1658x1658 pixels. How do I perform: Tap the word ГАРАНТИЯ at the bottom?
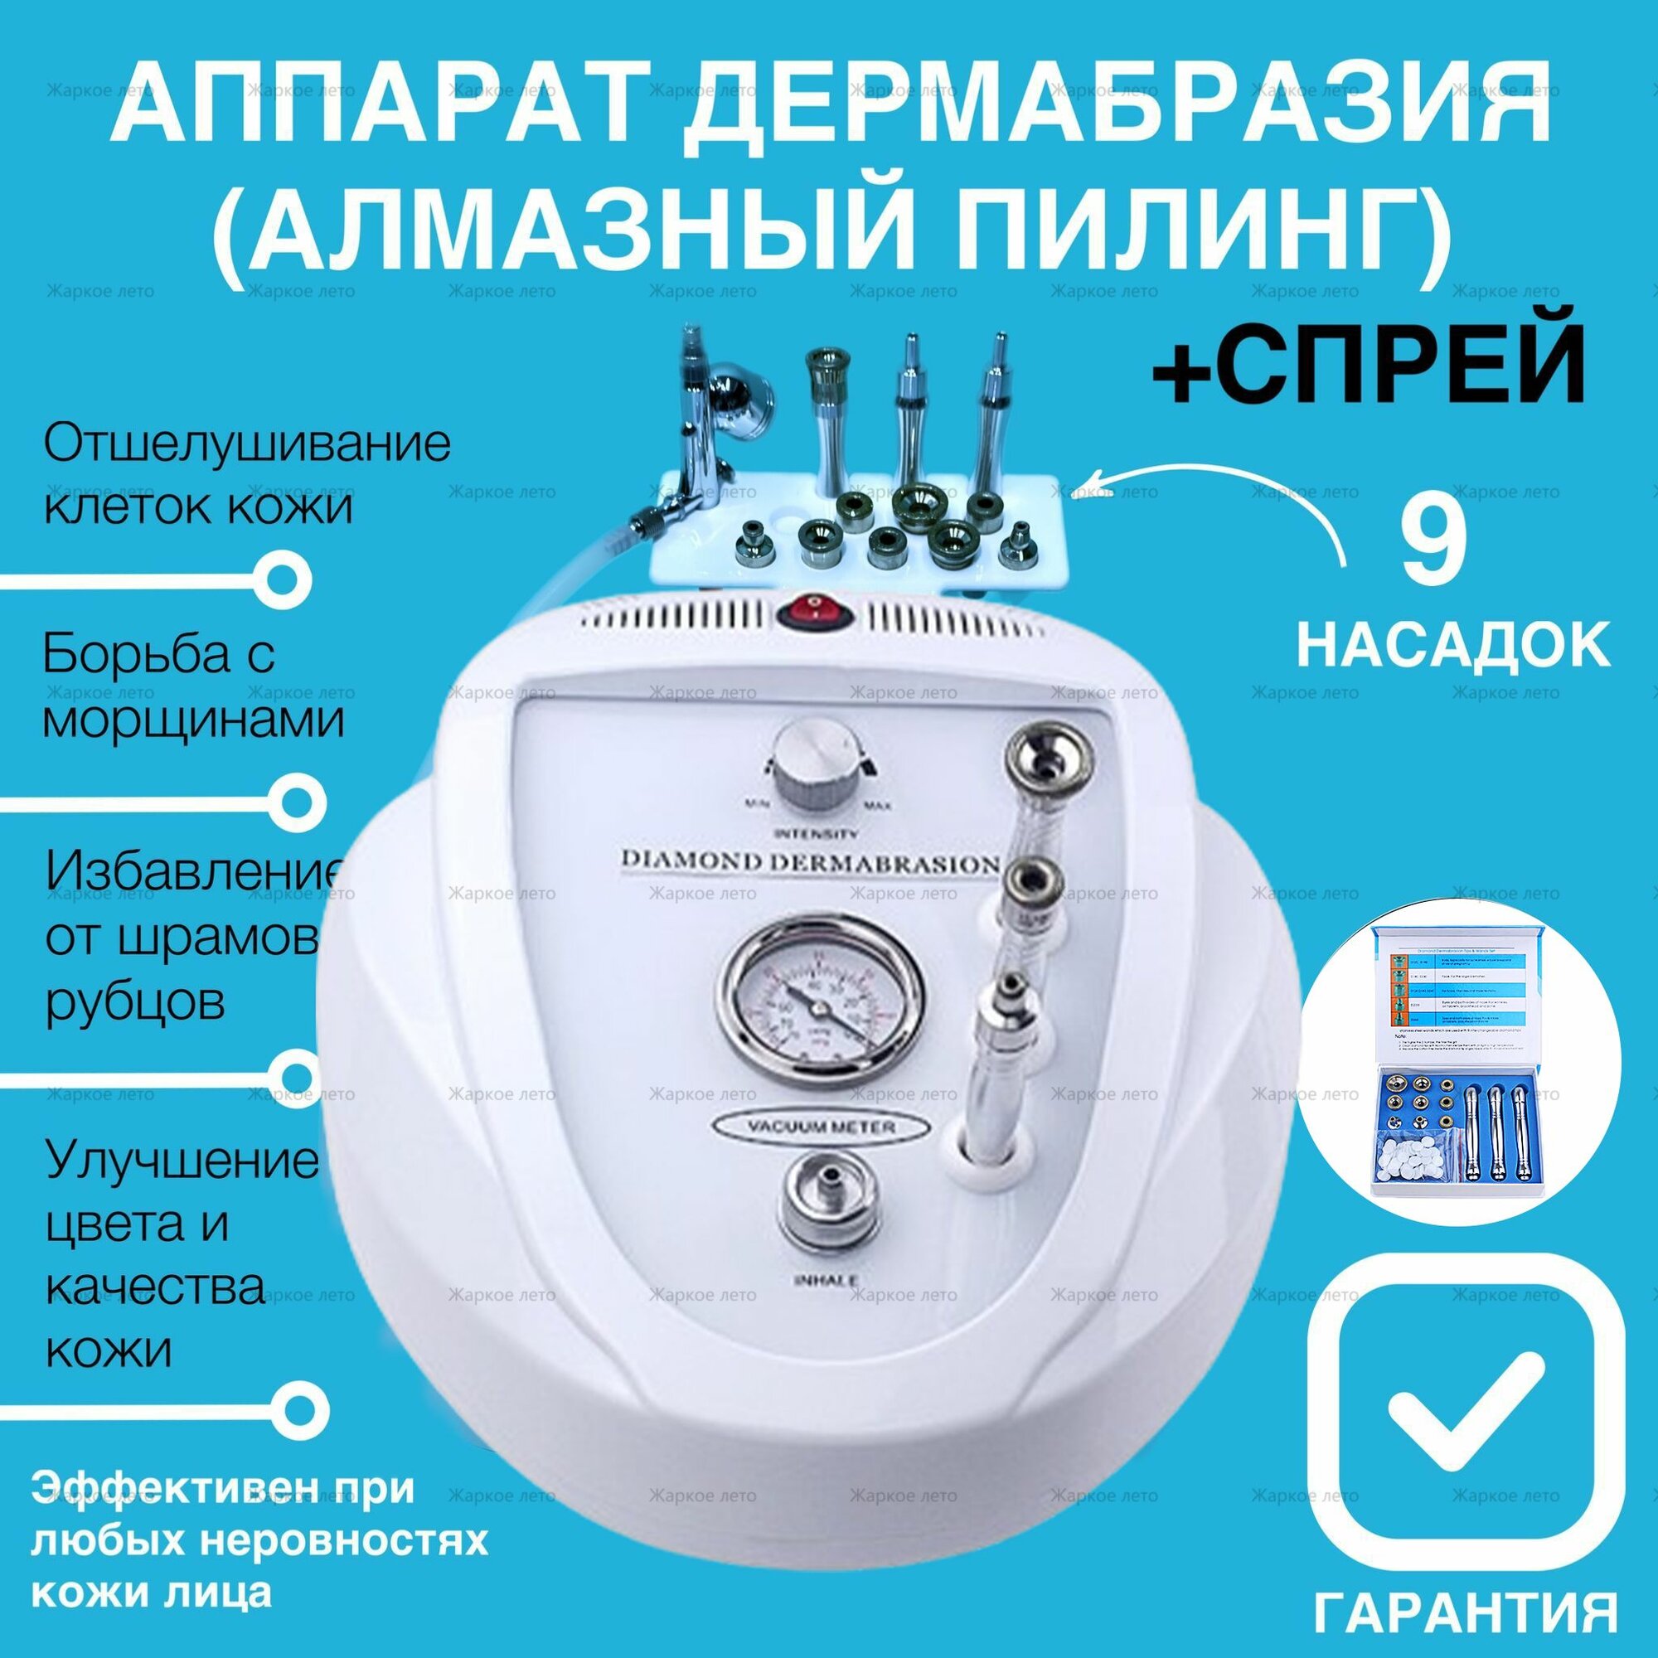(x=1465, y=1610)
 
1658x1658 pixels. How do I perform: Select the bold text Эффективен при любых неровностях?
(x=258, y=1516)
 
